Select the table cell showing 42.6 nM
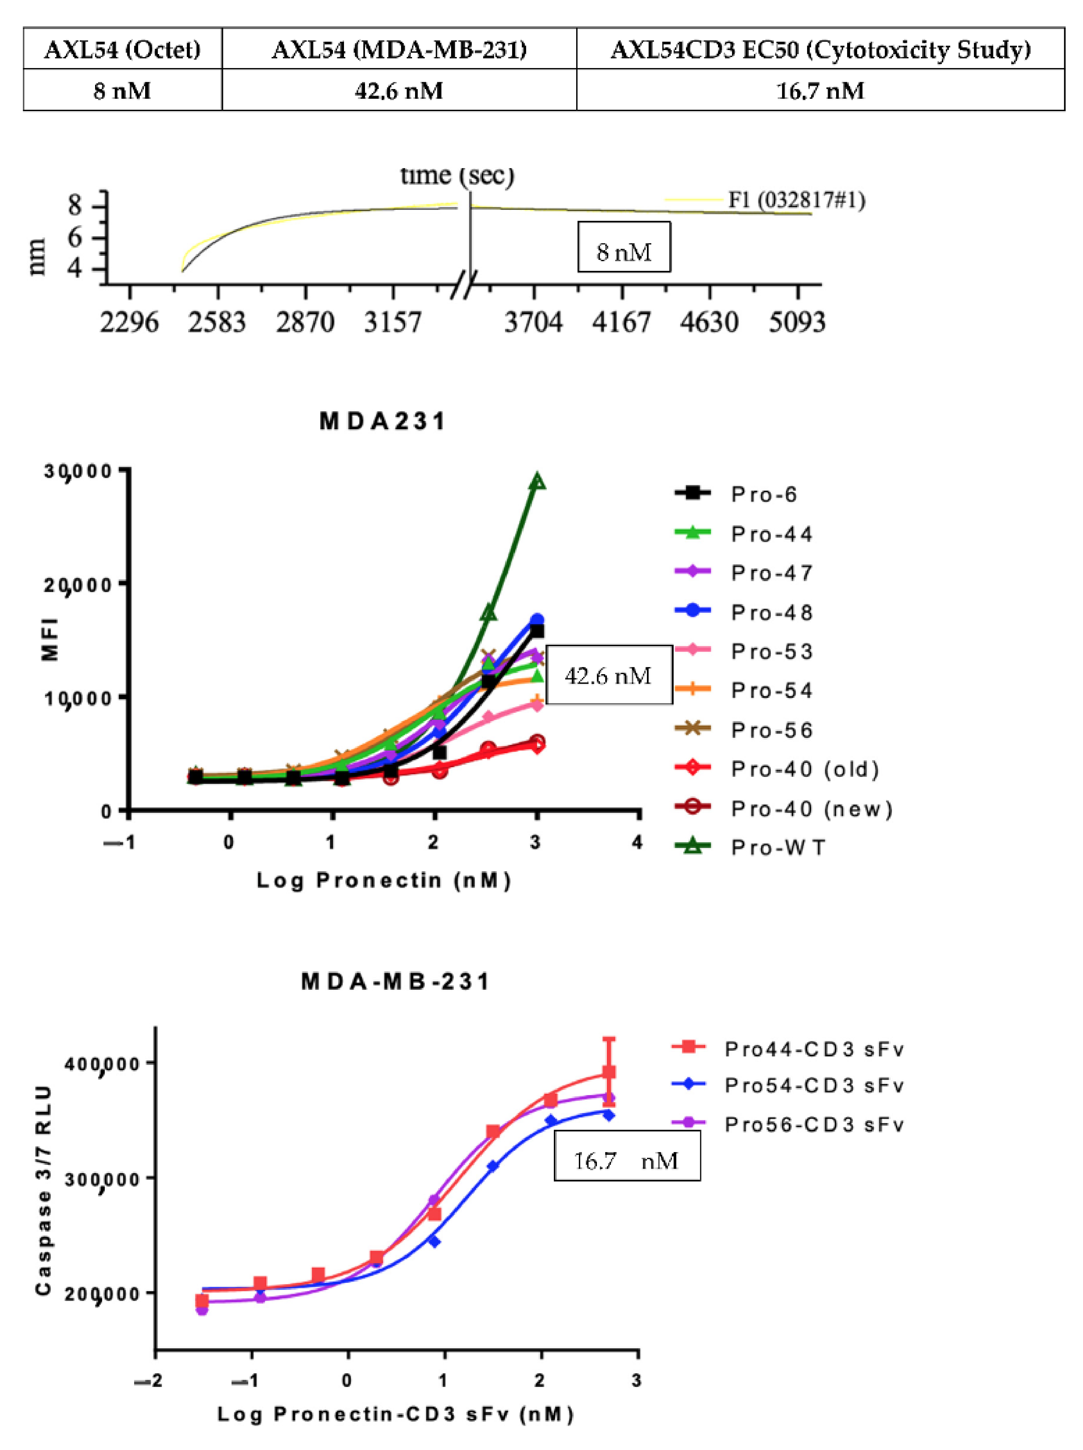(x=399, y=90)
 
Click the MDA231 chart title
(x=383, y=421)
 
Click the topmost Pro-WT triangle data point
(x=537, y=482)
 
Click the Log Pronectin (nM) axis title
(x=383, y=880)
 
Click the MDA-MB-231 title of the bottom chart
(x=395, y=982)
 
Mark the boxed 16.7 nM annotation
(x=627, y=1161)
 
